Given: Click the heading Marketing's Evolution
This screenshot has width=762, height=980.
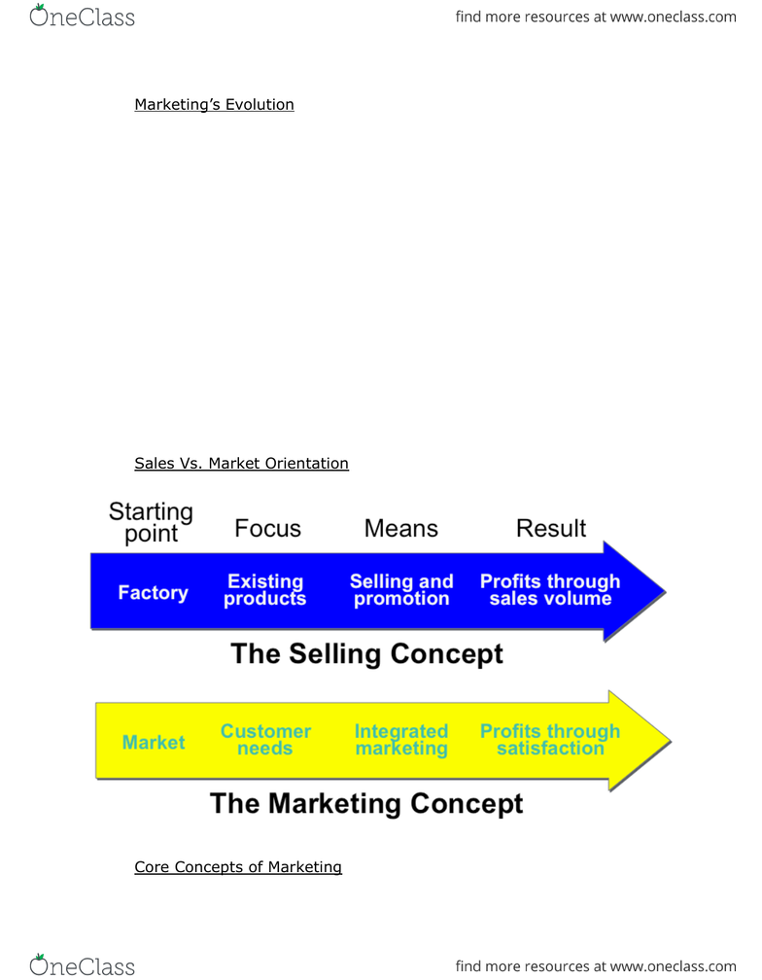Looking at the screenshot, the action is (214, 104).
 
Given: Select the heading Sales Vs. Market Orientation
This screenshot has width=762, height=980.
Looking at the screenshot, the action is (242, 463).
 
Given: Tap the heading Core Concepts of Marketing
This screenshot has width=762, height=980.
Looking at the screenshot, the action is (238, 867).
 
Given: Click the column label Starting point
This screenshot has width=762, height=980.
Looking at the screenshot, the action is (152, 522).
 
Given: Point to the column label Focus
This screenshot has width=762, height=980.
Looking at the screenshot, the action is (268, 529).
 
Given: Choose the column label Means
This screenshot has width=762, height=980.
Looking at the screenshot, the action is (401, 529).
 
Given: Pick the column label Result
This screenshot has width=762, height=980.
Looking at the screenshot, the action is (551, 529).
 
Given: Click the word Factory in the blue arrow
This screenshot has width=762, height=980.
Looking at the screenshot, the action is (153, 592).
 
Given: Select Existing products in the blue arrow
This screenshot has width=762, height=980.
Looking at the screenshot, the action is (265, 590).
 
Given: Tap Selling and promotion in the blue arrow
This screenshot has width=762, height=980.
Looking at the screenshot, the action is (401, 590).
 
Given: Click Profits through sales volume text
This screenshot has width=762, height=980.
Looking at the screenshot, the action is (550, 590).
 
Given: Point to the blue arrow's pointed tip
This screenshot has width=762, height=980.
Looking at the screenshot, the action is (665, 591).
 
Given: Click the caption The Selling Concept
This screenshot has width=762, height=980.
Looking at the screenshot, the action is (366, 653).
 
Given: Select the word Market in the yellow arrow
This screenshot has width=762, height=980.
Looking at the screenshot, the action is (154, 742).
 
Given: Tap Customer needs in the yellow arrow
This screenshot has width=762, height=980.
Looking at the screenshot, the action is (265, 740).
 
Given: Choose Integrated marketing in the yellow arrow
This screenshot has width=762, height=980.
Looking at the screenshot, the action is (401, 740).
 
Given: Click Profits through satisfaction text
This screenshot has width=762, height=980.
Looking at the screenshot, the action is (550, 740).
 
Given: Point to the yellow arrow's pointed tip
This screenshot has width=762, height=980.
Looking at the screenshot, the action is (670, 741).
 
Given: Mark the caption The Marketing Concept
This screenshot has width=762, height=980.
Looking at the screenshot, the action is (366, 804).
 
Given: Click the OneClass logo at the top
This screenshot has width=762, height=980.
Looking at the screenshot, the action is (82, 17).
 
